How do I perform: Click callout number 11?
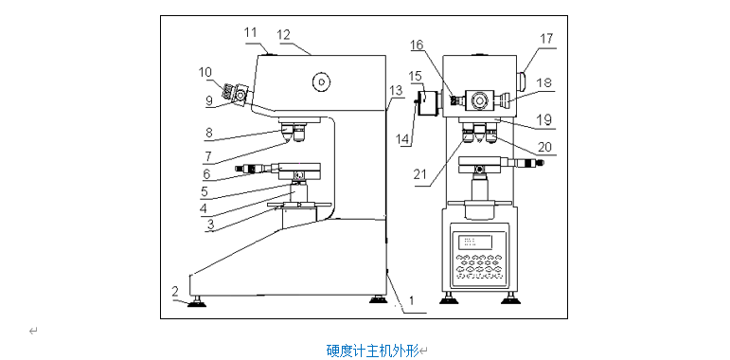[251, 33]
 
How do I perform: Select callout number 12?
[283, 35]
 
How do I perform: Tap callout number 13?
[396, 91]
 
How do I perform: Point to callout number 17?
[547, 39]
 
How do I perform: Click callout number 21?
[421, 174]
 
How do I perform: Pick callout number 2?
[175, 292]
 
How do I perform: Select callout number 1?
[410, 300]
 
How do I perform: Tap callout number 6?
[206, 173]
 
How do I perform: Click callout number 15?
[417, 76]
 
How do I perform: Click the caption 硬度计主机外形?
[372, 350]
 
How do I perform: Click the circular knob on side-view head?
[321, 82]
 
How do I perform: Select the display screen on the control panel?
[475, 242]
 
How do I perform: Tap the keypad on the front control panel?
[479, 266]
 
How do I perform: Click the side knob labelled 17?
[522, 81]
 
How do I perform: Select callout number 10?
[205, 72]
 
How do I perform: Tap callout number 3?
[210, 225]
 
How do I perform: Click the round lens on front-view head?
[479, 99]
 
